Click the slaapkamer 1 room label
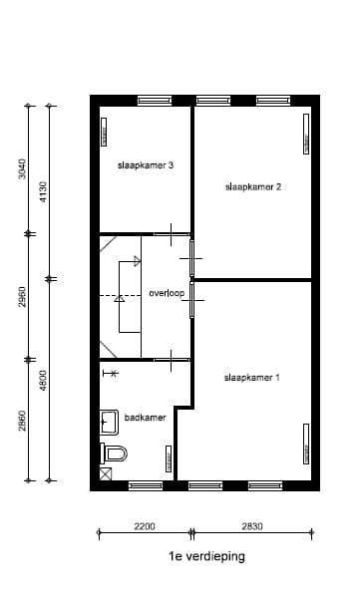[x=251, y=378]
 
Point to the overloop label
[x=167, y=293]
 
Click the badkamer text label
[x=145, y=419]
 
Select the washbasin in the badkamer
[x=110, y=423]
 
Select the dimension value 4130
[x=42, y=190]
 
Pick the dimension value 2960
[x=23, y=297]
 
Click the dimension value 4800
[x=42, y=381]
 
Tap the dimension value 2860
[x=23, y=421]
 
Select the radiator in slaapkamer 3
[x=104, y=132]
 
